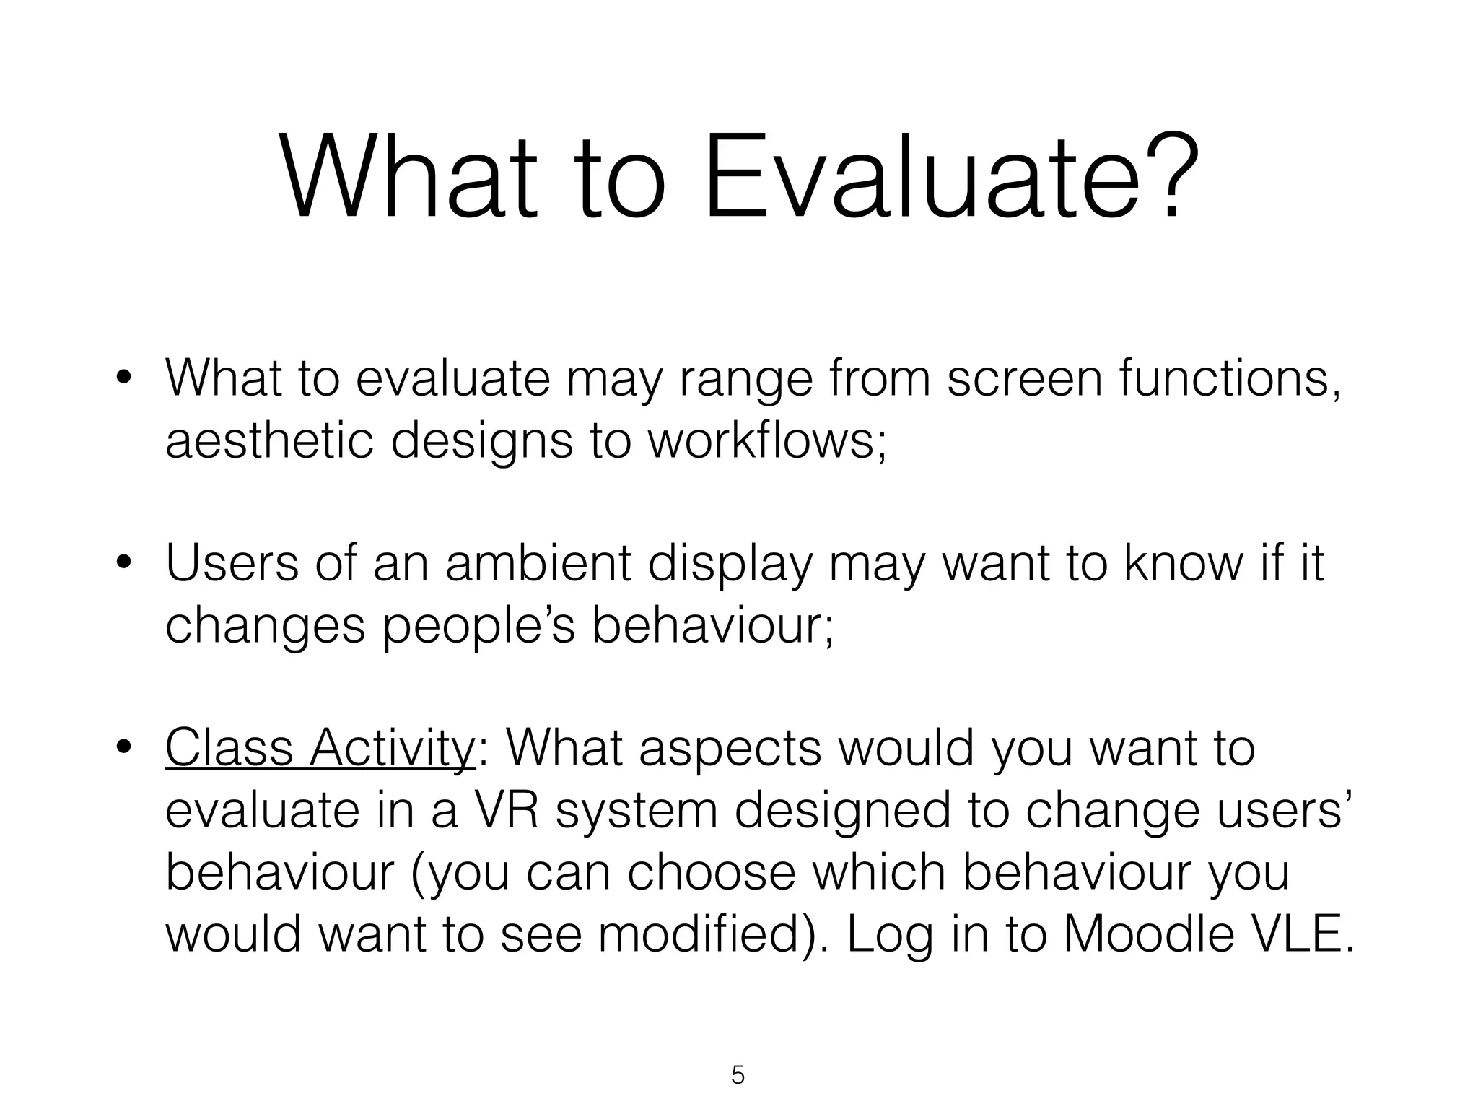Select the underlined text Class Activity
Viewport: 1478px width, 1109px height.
320,749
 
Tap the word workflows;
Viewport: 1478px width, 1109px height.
766,441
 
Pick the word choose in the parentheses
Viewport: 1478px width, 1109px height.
711,873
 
